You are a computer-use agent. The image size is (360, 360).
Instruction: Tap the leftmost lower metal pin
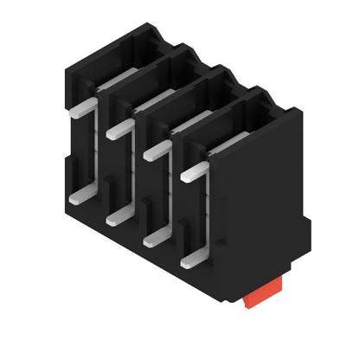77,196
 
